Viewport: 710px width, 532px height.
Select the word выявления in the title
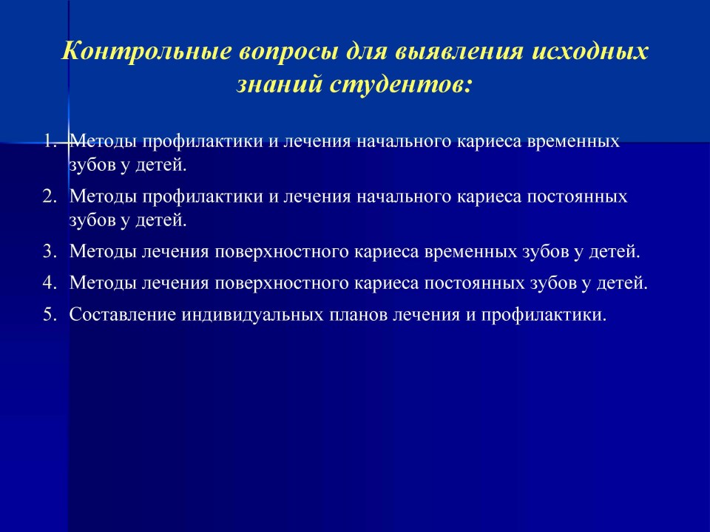[459, 51]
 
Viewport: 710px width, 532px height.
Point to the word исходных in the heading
[589, 51]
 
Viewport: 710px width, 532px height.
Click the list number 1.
[50, 142]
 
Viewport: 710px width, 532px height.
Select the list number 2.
[50, 197]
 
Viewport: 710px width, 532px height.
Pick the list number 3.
[50, 251]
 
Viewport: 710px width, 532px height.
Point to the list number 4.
[50, 283]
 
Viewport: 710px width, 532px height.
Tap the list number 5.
[50, 315]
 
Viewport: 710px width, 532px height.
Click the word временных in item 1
[574, 142]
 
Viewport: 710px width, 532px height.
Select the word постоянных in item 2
[578, 197]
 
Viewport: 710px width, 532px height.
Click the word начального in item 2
[404, 197]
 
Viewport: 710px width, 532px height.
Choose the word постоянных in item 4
[473, 283]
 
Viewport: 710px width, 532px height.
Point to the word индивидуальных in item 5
[253, 316]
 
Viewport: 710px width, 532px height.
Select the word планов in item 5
[358, 315]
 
